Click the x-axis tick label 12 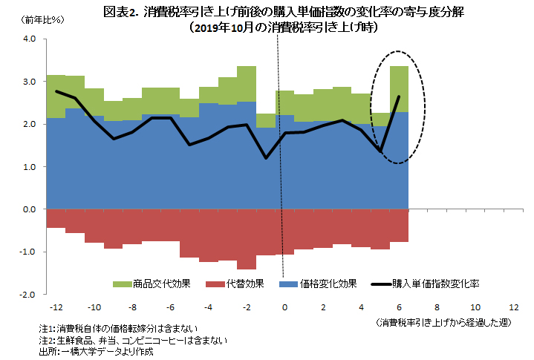pyautogui.click(x=513, y=307)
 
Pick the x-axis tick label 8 pyautogui.click(x=437, y=307)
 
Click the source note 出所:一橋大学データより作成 pyautogui.click(x=97, y=351)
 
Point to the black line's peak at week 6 pyautogui.click(x=399, y=96)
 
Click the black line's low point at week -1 pyautogui.click(x=265, y=157)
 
